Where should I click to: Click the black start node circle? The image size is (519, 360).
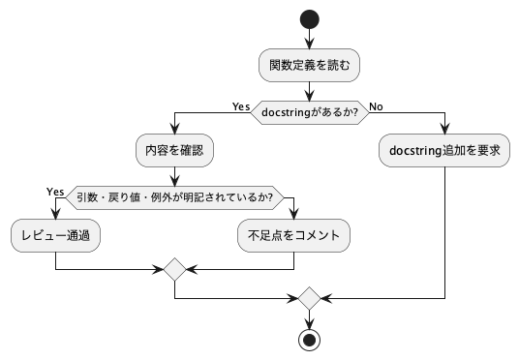pos(310,19)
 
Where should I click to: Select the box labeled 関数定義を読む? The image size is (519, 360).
pos(310,66)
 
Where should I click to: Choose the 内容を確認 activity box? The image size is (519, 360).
pos(174,152)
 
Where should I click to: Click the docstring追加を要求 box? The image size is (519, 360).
pos(444,152)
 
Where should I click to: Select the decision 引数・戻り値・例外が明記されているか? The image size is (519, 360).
pos(174,197)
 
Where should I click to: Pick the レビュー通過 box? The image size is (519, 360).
pos(56,234)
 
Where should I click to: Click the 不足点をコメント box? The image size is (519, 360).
pos(292,234)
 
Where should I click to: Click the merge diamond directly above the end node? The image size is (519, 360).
pos(310,296)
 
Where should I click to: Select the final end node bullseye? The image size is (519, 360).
pos(310,339)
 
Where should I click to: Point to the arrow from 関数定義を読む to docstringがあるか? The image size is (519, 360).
pos(310,90)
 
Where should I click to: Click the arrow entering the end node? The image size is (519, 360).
pos(310,318)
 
